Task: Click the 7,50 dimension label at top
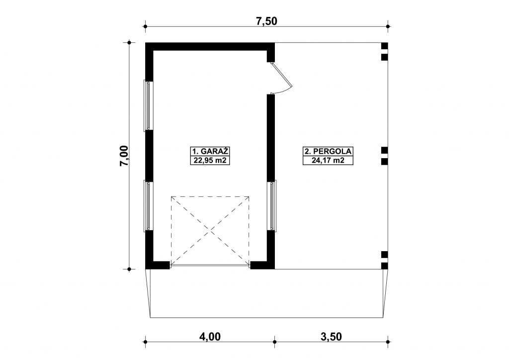(x=266, y=21)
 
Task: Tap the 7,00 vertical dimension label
(x=124, y=156)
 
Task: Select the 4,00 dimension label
(x=210, y=337)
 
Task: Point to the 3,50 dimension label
(x=331, y=337)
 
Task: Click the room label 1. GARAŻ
(x=210, y=151)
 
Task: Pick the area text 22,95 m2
(x=210, y=160)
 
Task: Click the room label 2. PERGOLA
(x=328, y=151)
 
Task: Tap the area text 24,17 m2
(x=328, y=160)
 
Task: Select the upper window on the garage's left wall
(x=148, y=106)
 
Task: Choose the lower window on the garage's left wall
(x=148, y=206)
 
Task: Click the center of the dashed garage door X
(x=210, y=231)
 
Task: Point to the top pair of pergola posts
(x=384, y=52)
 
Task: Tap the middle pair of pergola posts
(x=384, y=156)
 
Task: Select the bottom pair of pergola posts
(x=384, y=261)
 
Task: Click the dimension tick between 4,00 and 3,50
(x=274, y=342)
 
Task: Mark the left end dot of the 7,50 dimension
(x=146, y=27)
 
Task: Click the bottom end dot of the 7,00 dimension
(x=129, y=269)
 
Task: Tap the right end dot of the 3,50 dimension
(x=388, y=342)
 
